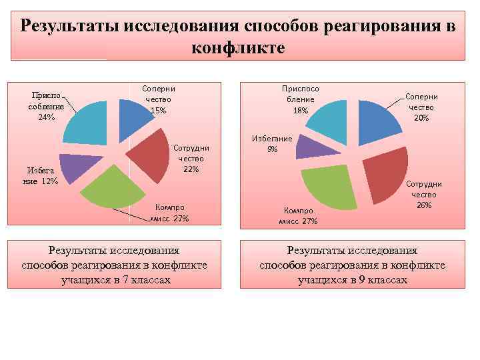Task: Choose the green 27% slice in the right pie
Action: pyautogui.click(x=330, y=187)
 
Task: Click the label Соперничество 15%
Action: pyautogui.click(x=158, y=99)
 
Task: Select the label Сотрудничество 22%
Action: pyautogui.click(x=191, y=159)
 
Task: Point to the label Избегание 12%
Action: pyautogui.click(x=41, y=176)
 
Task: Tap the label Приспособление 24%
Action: pyautogui.click(x=45, y=106)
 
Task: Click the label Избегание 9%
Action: pyautogui.click(x=271, y=143)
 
